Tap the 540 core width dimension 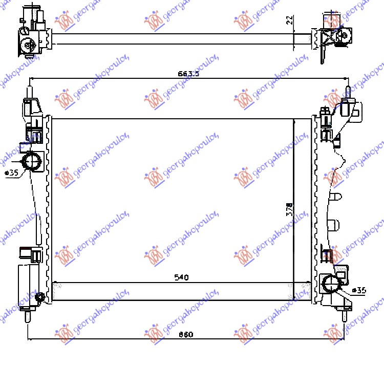coord(181,277)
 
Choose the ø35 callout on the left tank coord(11,173)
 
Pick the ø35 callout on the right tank coord(360,290)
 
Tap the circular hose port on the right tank coord(330,283)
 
